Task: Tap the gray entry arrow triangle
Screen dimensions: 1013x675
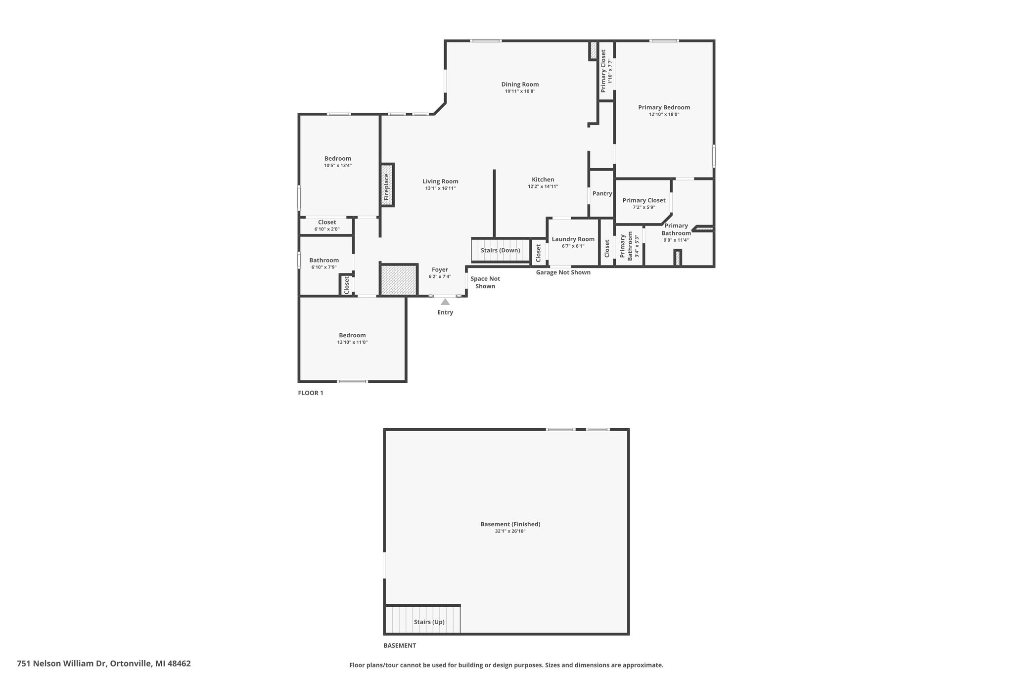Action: click(445, 302)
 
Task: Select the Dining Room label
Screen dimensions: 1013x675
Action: click(520, 85)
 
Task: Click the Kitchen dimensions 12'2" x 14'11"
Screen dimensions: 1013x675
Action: click(543, 186)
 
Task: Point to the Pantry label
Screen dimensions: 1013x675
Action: click(602, 193)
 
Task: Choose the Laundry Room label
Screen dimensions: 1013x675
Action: click(573, 239)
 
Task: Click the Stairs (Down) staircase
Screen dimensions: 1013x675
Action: click(501, 250)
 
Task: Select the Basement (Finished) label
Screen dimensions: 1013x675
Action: click(510, 524)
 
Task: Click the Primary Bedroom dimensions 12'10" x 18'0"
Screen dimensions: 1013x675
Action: click(664, 114)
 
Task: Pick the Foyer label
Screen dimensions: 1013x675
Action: click(440, 270)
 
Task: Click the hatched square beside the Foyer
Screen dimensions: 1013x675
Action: click(399, 280)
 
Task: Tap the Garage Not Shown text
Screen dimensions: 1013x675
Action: click(563, 272)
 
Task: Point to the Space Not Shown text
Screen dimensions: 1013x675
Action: click(485, 282)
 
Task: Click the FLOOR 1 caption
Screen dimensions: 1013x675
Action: click(311, 393)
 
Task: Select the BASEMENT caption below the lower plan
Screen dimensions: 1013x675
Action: click(400, 645)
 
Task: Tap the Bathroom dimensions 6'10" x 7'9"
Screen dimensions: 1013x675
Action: click(324, 267)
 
